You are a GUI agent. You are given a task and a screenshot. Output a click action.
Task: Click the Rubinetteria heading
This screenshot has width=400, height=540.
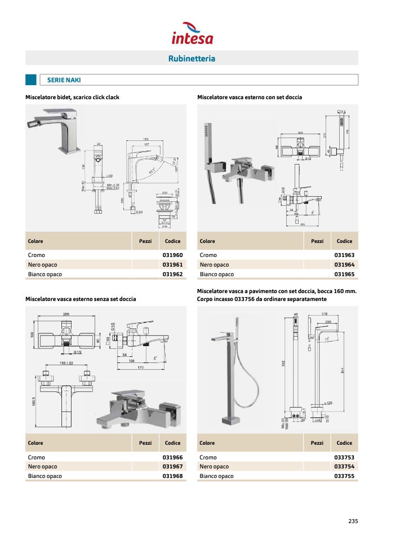[192, 59]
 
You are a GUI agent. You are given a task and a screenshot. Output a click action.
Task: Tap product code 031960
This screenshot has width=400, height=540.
[172, 255]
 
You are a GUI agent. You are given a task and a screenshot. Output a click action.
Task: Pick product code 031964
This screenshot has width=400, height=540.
[344, 265]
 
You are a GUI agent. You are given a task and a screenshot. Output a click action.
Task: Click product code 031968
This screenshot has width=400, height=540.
[172, 476]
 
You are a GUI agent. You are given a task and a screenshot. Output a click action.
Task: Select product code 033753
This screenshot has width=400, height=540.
[344, 458]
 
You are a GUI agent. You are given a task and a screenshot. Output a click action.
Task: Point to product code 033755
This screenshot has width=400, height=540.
[344, 476]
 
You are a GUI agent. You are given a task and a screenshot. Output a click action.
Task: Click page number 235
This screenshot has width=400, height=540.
[353, 521]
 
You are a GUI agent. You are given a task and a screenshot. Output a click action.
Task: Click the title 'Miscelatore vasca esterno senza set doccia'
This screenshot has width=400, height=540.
[81, 299]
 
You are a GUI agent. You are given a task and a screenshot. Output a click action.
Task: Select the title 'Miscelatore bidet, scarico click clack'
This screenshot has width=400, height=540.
[72, 98]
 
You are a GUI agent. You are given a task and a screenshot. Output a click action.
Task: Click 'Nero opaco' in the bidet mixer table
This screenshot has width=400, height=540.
[43, 265]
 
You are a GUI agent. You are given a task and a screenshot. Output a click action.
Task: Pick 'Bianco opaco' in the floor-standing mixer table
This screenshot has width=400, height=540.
[216, 476]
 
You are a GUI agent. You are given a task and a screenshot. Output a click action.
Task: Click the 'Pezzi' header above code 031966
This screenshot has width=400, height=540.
[145, 443]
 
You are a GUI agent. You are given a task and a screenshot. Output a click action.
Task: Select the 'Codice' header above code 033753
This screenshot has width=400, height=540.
[344, 443]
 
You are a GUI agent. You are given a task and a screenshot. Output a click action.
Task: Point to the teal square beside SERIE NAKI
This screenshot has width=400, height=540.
[31, 80]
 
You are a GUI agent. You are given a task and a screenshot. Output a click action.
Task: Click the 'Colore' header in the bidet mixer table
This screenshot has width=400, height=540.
[35, 241]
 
